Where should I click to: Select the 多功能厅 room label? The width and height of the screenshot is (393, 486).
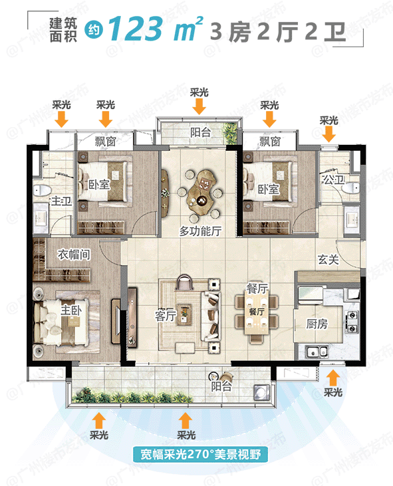[200, 231]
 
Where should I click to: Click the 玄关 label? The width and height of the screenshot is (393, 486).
[328, 259]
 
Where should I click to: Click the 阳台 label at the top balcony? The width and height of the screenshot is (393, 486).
[199, 132]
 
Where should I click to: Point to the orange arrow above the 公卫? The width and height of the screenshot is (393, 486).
[328, 134]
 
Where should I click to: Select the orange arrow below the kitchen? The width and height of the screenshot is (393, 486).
[332, 377]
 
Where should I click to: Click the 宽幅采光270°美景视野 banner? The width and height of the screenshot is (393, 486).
[196, 455]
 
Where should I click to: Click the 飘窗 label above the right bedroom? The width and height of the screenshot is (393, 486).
[269, 142]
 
